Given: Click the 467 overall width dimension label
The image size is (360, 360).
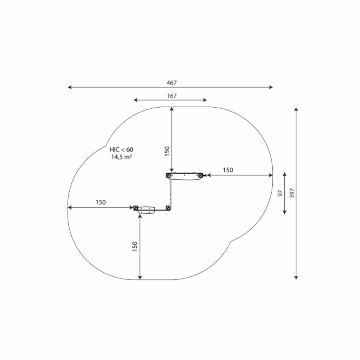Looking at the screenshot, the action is pyautogui.click(x=172, y=83).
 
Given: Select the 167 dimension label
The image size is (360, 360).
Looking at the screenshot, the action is pyautogui.click(x=172, y=96).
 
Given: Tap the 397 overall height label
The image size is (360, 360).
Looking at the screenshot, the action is pyautogui.click(x=292, y=193).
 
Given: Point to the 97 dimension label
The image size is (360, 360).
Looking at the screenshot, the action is pyautogui.click(x=280, y=193).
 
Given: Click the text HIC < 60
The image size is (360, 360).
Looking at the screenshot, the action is pyautogui.click(x=122, y=150).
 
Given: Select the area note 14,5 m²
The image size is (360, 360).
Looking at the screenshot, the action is pyautogui.click(x=122, y=157).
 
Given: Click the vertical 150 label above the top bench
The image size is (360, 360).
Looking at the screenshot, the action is pyautogui.click(x=167, y=152).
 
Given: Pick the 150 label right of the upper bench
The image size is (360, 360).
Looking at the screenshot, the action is pyautogui.click(x=228, y=170).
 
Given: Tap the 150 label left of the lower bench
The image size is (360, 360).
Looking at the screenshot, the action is pyautogui.click(x=101, y=202).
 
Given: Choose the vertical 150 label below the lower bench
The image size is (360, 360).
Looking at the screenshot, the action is pyautogui.click(x=135, y=246).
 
